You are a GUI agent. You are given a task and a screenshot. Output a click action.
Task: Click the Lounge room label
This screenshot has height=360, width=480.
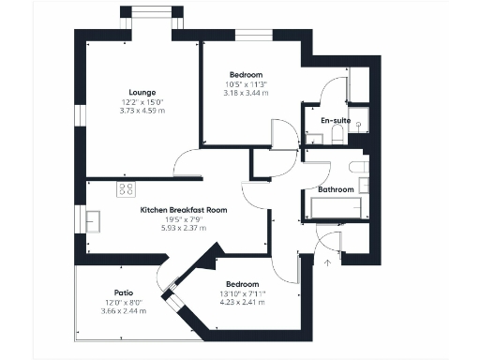142,92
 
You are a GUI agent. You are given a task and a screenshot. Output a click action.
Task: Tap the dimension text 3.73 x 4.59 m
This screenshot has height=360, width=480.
142,111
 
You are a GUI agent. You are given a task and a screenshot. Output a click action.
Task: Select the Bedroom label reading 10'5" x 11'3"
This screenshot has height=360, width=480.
247,84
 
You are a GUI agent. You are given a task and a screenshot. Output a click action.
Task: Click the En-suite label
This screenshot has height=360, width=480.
335,122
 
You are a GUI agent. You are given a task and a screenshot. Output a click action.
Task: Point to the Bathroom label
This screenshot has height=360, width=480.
336,189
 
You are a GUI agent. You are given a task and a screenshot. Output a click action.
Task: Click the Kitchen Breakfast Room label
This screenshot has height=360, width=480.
183,210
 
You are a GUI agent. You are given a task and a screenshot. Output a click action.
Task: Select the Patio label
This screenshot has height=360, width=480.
124,292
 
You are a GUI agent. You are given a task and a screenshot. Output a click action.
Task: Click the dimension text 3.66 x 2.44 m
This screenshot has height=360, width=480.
124,310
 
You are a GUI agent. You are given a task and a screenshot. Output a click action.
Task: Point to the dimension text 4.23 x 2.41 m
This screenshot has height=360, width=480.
242,302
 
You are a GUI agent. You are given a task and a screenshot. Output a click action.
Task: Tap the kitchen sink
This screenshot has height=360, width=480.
94,220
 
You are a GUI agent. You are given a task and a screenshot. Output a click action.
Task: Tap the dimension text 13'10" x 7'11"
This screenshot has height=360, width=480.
242,293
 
